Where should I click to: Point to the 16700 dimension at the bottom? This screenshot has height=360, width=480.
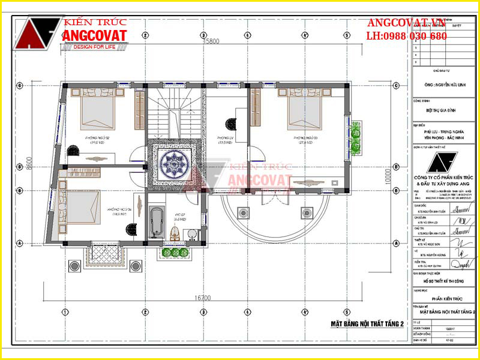point(204,298)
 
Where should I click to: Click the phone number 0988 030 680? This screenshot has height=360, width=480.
point(415,36)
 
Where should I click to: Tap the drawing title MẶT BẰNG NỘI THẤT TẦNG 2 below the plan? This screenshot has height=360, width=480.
point(368,324)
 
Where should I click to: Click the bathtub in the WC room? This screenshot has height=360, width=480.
point(157,221)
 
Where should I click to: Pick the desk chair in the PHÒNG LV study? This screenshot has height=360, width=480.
point(230,124)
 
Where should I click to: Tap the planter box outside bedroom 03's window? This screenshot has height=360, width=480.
point(356,138)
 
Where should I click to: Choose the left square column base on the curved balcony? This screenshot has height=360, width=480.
point(243,213)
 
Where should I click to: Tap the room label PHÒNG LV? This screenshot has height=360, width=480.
point(226,138)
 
